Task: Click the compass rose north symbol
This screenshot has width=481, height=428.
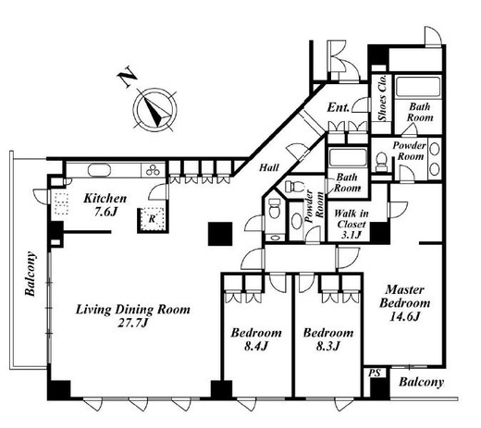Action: pyautogui.click(x=154, y=110)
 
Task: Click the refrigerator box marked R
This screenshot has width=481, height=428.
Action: pyautogui.click(x=152, y=219)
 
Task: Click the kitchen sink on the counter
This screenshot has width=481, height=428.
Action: pyautogui.click(x=99, y=170)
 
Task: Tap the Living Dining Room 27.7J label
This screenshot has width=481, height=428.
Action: pyautogui.click(x=133, y=316)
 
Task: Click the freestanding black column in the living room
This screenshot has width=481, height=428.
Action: pyautogui.click(x=220, y=234)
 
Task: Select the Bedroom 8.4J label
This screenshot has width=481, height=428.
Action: pyautogui.click(x=256, y=339)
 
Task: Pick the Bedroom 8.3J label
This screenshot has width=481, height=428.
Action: pyautogui.click(x=328, y=339)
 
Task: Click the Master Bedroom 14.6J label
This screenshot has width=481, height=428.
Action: pyautogui.click(x=404, y=303)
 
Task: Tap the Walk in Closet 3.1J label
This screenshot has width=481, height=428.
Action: pyautogui.click(x=351, y=224)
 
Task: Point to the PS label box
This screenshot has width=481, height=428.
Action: pyautogui.click(x=375, y=373)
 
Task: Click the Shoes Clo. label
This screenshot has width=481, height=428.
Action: pyautogui.click(x=382, y=98)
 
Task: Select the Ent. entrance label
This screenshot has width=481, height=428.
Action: pyautogui.click(x=339, y=107)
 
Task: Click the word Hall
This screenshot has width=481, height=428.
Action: pyautogui.click(x=269, y=167)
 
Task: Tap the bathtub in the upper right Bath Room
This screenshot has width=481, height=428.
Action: pyautogui.click(x=418, y=86)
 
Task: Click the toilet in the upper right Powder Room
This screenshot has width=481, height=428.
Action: pyautogui.click(x=381, y=161)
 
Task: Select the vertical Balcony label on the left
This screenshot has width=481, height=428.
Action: pyautogui.click(x=31, y=274)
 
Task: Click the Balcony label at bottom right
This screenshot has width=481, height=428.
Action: pyautogui.click(x=421, y=383)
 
